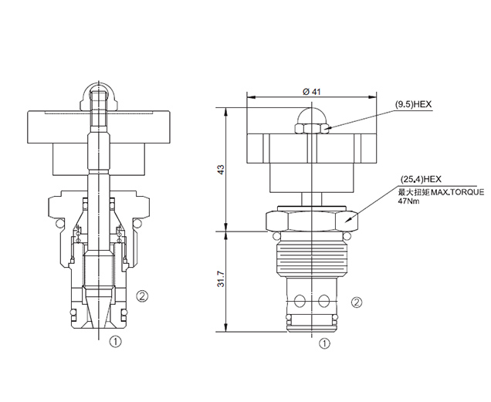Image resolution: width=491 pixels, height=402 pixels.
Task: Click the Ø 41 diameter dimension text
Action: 312,92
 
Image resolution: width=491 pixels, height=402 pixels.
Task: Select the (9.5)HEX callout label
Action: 413,105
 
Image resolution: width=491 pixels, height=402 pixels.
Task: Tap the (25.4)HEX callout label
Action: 421,180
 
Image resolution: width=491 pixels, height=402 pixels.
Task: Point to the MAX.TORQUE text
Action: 458,192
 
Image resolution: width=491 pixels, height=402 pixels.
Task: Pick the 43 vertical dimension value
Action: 221,170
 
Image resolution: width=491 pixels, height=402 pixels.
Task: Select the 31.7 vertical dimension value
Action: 221,279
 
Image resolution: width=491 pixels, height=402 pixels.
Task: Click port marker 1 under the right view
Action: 324,344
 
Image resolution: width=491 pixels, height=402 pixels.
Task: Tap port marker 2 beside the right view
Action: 357,302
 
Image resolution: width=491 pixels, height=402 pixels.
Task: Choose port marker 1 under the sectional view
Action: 115,341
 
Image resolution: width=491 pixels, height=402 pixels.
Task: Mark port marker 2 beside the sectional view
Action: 142,296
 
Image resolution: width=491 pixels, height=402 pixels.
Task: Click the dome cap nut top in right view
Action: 312,116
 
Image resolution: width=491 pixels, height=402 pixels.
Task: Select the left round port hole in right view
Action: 300,301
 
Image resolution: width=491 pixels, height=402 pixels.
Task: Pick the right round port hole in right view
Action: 323,301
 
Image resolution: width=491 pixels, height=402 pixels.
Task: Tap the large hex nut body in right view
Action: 312,221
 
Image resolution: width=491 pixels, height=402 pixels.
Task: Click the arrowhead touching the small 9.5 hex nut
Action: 327,127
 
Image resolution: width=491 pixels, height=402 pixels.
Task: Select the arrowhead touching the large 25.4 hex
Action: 347,221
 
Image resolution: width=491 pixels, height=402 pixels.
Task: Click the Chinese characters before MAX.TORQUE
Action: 414,192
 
